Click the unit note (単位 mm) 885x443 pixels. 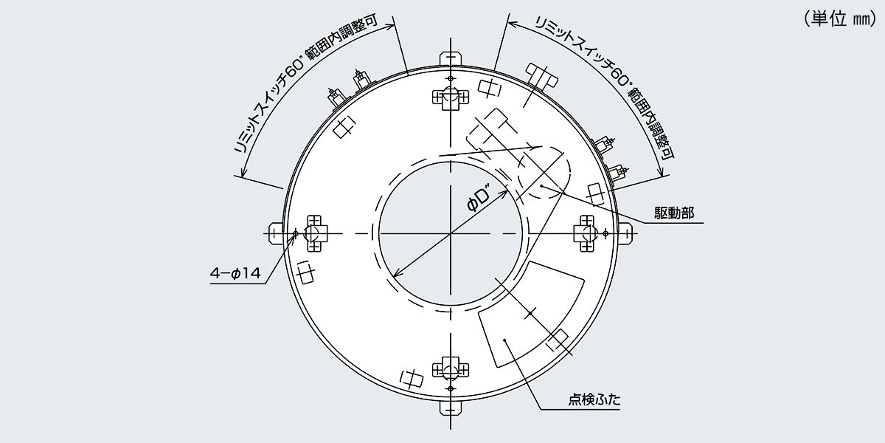839,20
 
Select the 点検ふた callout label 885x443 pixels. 594,402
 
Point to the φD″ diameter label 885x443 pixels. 483,199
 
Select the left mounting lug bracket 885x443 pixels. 276,233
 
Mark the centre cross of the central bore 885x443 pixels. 450,233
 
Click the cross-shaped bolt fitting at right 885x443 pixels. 588,233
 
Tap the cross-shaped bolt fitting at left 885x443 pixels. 313,233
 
